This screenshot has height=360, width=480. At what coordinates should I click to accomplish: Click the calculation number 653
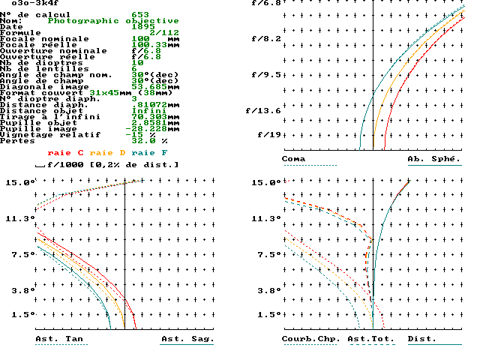coord(139,15)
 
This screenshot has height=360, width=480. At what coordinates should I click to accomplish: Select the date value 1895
coord(142,27)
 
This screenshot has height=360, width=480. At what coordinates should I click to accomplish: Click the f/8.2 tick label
coord(267,39)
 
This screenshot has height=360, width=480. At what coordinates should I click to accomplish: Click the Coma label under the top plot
coord(293,159)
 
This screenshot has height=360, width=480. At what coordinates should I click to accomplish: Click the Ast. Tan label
coord(59,339)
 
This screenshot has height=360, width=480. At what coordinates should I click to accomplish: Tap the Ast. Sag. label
coord(187,339)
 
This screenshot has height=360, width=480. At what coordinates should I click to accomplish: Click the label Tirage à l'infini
coord(46,117)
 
